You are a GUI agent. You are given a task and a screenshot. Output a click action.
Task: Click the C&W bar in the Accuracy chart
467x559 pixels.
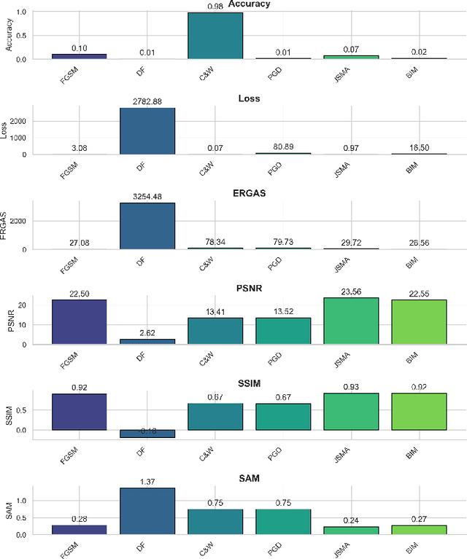215,36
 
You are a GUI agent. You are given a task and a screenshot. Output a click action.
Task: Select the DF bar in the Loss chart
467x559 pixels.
147,131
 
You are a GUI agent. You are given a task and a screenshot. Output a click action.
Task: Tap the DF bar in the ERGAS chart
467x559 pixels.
147,226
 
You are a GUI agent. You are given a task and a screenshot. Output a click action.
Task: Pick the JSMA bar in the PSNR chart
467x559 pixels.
351,321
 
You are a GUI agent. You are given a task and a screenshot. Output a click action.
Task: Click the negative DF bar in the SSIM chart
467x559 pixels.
147,434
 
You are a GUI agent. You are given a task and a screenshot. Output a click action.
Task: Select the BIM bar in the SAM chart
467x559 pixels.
419,528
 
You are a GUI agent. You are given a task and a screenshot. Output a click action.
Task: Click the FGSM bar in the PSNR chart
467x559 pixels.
80,321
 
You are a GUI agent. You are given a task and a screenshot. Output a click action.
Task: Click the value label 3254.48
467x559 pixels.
147,196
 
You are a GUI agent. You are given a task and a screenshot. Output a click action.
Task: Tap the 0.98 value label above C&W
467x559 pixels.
215,7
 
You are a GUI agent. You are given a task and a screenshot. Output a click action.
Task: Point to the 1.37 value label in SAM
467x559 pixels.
147,481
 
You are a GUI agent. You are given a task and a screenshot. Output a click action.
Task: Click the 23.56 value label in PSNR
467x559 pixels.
351,291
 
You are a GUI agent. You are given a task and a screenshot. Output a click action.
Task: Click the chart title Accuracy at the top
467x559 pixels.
250,4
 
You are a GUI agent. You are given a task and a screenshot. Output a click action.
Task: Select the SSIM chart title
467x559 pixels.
250,384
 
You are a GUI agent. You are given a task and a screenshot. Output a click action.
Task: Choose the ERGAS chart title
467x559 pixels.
250,194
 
